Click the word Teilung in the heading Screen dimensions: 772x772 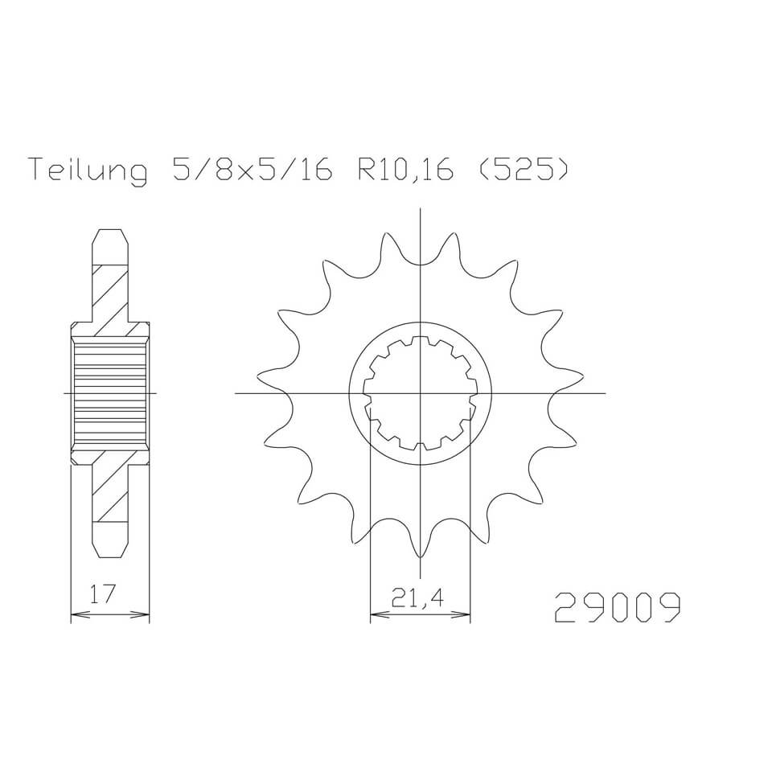[88, 170]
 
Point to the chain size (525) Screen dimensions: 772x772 [516, 170]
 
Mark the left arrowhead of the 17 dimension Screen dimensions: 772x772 [76, 617]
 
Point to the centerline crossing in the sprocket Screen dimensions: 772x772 [419, 393]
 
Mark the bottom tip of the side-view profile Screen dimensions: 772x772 [110, 556]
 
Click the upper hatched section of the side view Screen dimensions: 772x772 [110, 298]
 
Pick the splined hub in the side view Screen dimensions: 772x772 [110, 393]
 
